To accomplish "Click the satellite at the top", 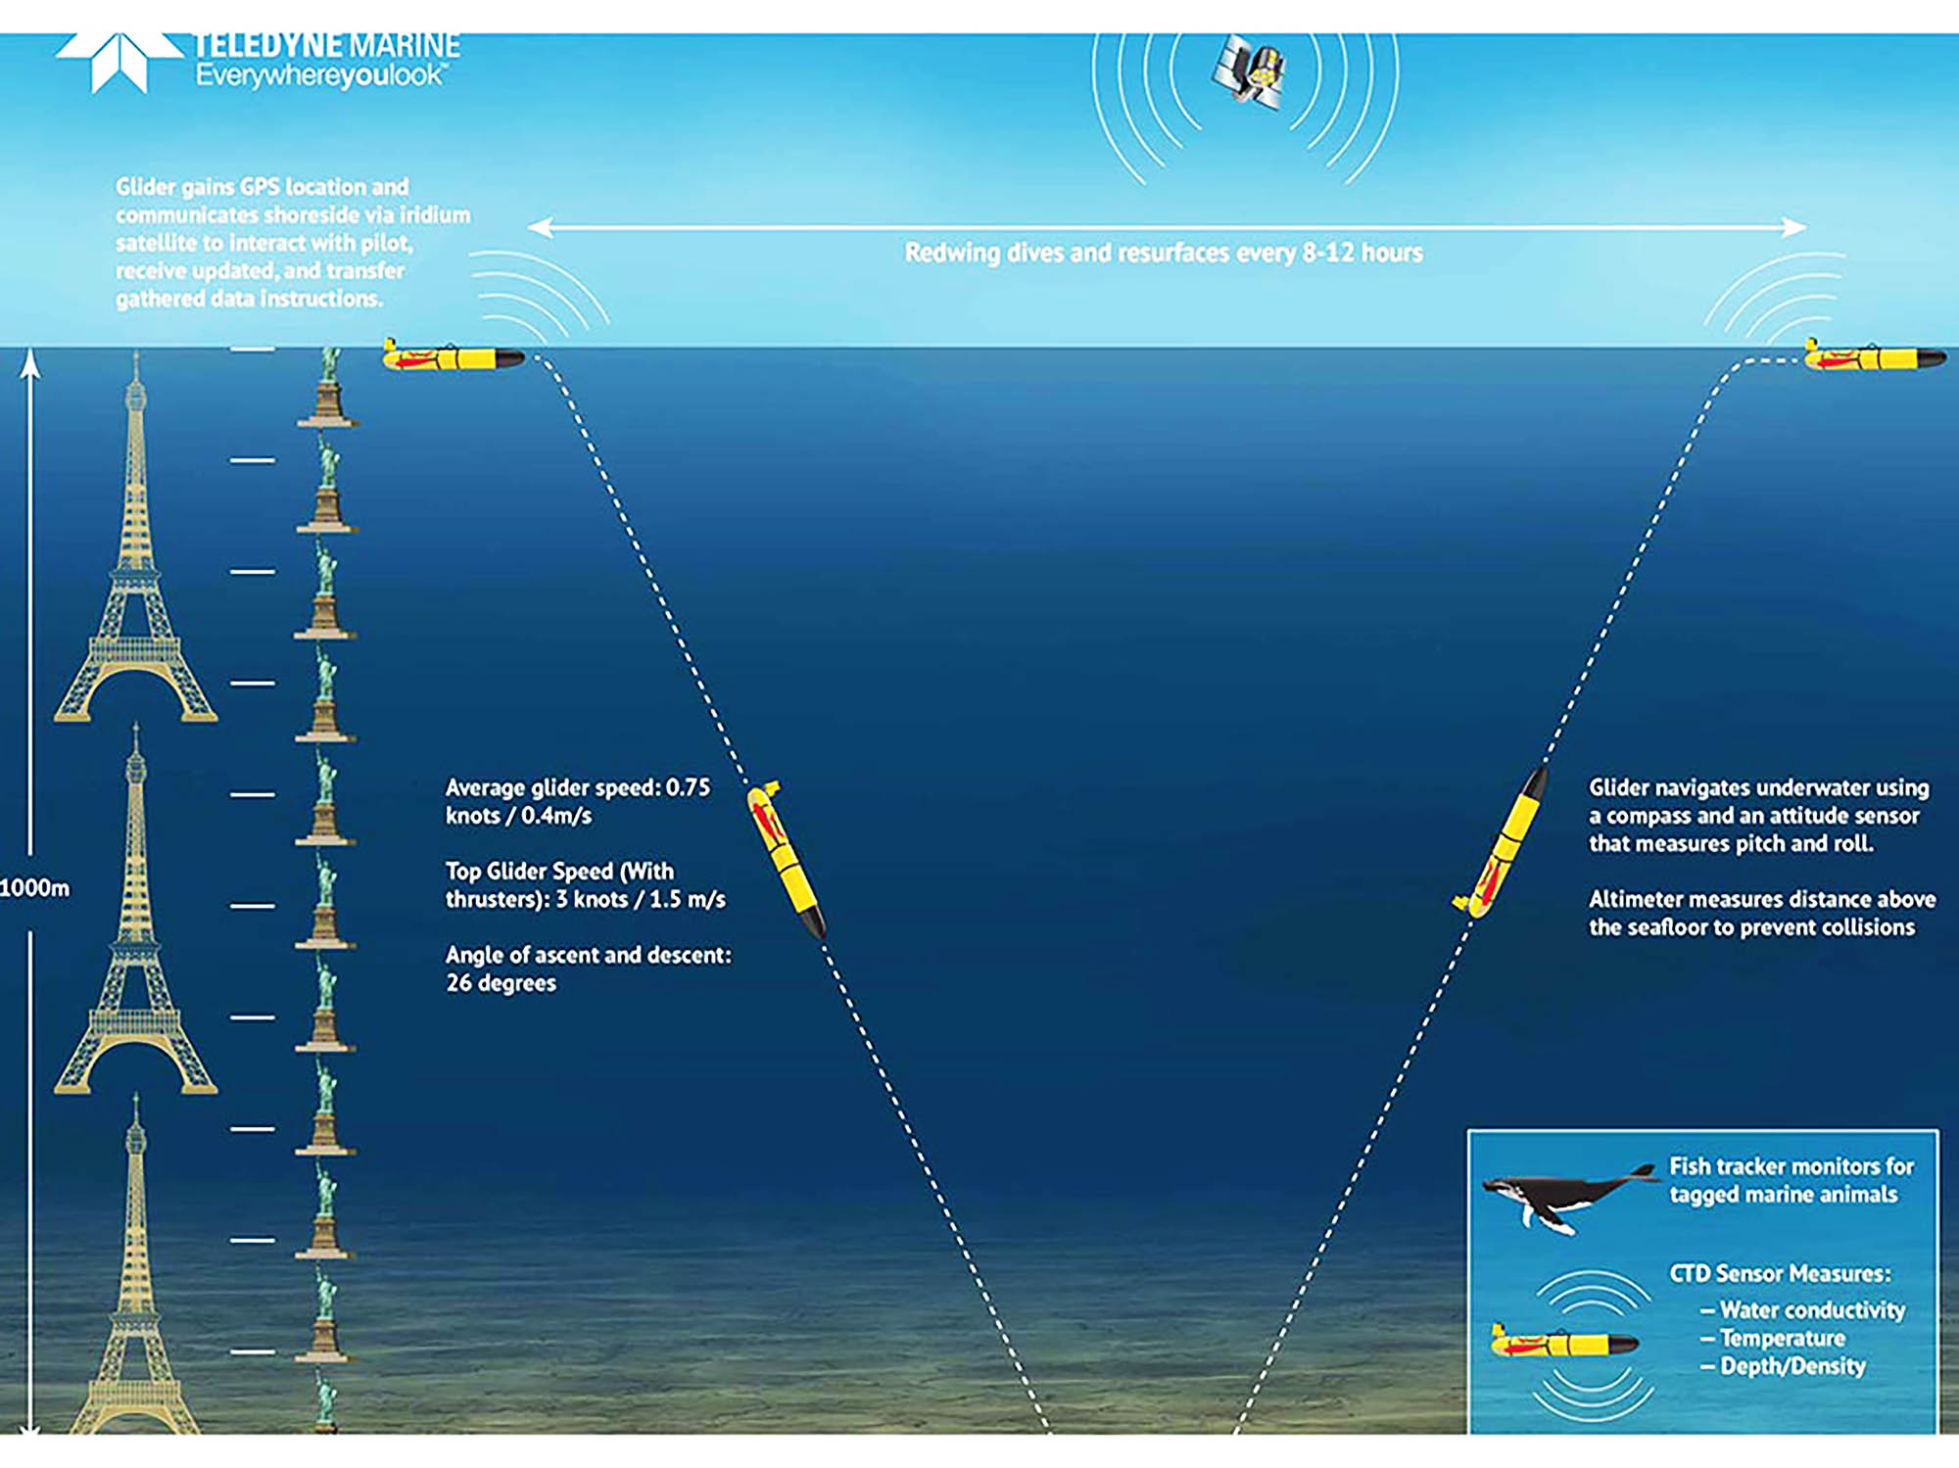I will tap(1249, 71).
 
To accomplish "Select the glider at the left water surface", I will tap(453, 356).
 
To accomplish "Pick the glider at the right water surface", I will tap(1874, 356).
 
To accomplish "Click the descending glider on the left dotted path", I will tap(786, 858).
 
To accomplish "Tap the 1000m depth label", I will tap(35, 889).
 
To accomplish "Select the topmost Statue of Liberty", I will tap(329, 388).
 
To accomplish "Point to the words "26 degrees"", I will tap(501, 983).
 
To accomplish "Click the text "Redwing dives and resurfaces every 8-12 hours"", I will tap(1163, 253).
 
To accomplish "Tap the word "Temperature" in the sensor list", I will tap(1782, 1338).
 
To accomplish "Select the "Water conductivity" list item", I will tap(1812, 1310).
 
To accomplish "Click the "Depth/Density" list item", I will tap(1792, 1366).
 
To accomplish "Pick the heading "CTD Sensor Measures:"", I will tap(1780, 1273).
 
